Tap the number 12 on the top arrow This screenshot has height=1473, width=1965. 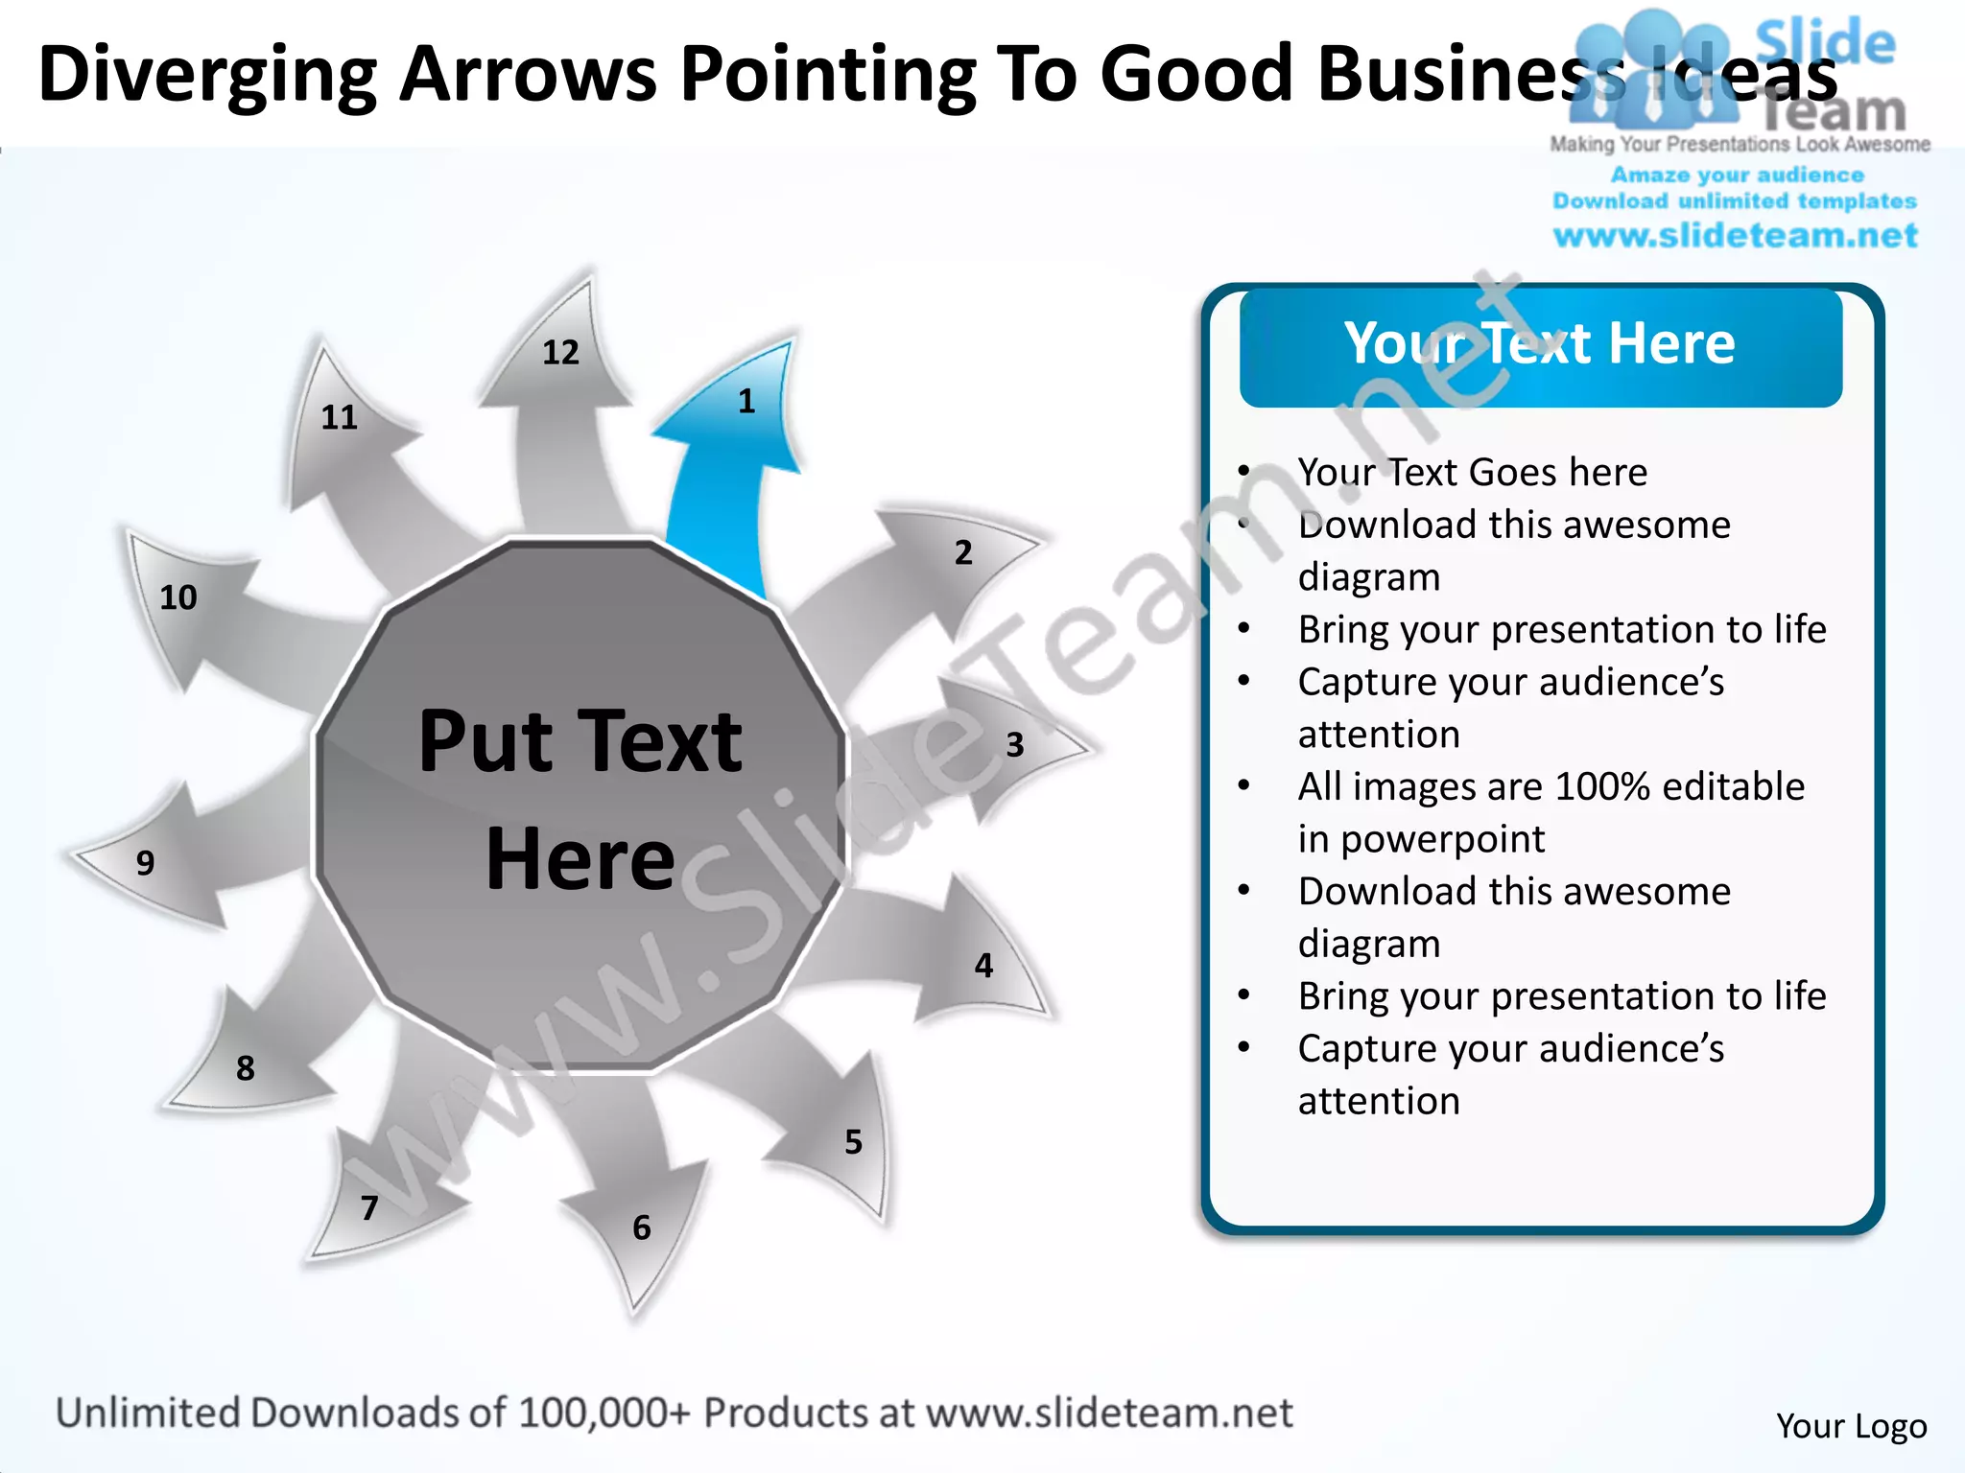(561, 353)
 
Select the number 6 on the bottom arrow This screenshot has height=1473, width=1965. (642, 1227)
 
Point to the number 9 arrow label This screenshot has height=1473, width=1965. (145, 863)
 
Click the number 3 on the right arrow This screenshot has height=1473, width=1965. (1015, 745)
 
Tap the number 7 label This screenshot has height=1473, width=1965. (369, 1208)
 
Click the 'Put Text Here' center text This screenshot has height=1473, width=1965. (580, 799)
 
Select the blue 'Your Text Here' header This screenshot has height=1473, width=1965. (1540, 345)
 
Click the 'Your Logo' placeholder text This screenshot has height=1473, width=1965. (1851, 1426)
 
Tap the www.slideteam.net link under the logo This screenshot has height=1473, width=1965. (1736, 236)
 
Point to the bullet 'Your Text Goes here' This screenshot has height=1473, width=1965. (1472, 473)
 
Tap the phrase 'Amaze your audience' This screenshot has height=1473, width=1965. (1737, 175)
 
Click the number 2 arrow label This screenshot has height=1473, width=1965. (963, 552)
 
